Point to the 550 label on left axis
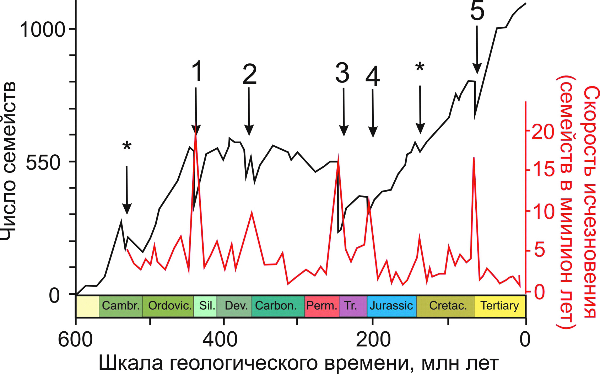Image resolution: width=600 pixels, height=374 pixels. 43,163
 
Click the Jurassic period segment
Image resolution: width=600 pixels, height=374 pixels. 391,306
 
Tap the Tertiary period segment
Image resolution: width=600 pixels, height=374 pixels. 500,306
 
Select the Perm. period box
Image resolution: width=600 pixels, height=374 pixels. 322,306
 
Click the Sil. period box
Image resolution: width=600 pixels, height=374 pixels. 206,306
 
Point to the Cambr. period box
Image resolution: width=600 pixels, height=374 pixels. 121,306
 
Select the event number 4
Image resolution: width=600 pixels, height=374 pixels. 373,77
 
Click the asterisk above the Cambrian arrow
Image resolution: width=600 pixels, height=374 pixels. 127,147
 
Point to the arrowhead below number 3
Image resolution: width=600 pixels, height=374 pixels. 344,131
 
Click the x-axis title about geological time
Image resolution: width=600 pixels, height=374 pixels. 298,363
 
